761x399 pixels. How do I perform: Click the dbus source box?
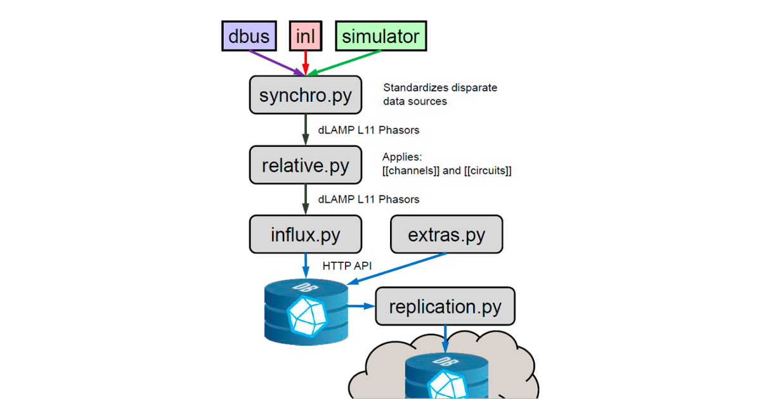click(x=248, y=36)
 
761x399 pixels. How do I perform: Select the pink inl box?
click(x=305, y=36)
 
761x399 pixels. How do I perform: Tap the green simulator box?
click(x=380, y=36)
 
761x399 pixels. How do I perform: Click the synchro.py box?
click(x=305, y=95)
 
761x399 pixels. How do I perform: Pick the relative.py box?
click(x=305, y=165)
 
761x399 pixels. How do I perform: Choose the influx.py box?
click(x=305, y=234)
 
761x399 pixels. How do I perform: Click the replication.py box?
click(x=445, y=307)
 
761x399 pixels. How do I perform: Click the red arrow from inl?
click(x=305, y=62)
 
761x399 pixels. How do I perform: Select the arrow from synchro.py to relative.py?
click(x=305, y=130)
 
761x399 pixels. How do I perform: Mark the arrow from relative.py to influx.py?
click(x=305, y=199)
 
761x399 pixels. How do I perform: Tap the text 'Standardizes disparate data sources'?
click(x=440, y=94)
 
